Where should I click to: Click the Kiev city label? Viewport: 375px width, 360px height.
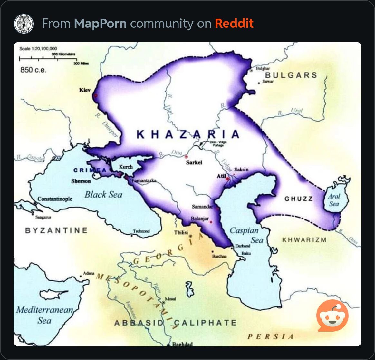[x=85, y=90]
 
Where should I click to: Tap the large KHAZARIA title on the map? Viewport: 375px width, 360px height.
[x=188, y=134]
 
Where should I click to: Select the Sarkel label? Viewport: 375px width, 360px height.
[x=194, y=162]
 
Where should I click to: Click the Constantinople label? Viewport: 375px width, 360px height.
[x=55, y=199]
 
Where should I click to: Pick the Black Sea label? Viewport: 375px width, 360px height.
[x=103, y=194]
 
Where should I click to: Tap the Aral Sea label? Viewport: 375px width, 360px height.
[x=334, y=200]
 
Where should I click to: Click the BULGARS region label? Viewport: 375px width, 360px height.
[x=291, y=75]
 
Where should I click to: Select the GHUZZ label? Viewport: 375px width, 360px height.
[x=298, y=199]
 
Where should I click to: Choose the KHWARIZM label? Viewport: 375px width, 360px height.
[x=304, y=240]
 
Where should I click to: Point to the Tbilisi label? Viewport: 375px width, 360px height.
[x=181, y=232]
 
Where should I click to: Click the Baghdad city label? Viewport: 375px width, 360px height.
[x=182, y=344]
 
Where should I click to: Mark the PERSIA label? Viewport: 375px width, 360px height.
[x=271, y=336]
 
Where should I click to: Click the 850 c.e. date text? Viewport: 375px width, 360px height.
[x=33, y=70]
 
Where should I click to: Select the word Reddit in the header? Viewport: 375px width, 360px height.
[x=234, y=23]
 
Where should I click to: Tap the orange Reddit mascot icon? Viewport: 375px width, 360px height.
[x=332, y=316]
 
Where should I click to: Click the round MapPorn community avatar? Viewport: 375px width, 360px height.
[x=24, y=23]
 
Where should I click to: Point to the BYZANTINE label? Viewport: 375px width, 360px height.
[x=56, y=230]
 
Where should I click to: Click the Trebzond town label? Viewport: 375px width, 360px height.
[x=141, y=231]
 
